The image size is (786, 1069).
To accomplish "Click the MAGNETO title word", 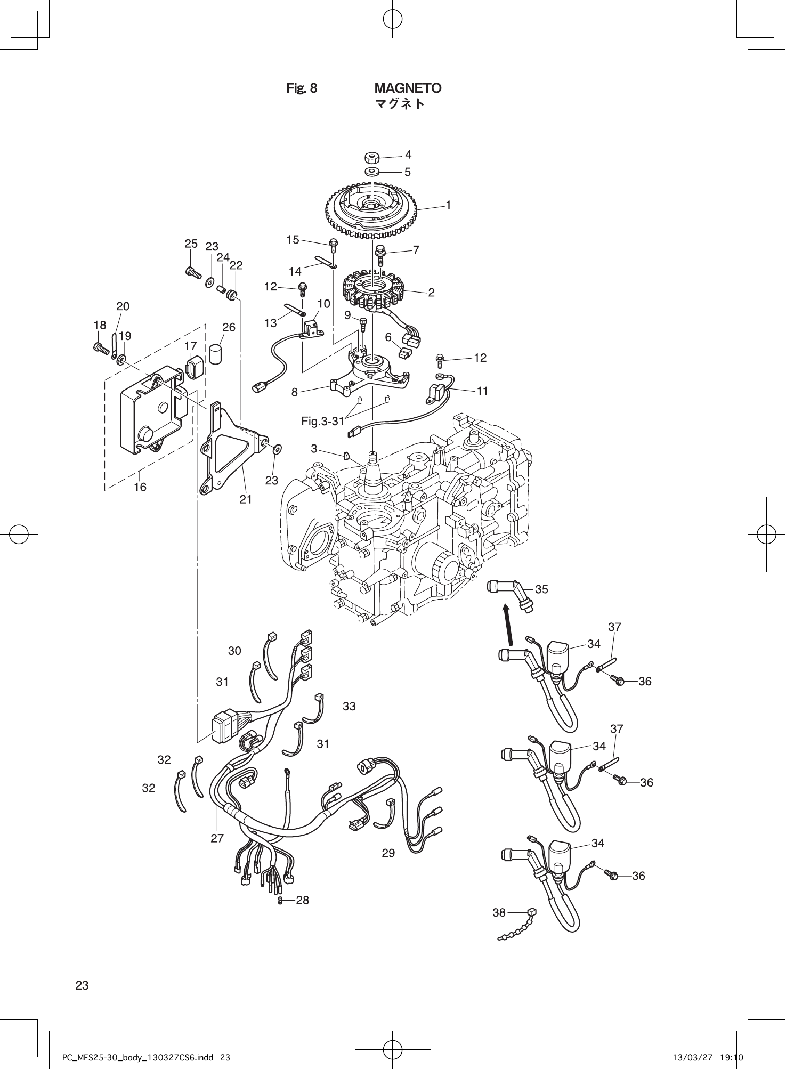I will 408,88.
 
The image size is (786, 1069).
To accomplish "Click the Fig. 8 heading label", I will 302,88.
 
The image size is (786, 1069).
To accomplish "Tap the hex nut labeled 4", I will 371,158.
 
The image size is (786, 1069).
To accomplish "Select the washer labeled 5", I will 372,172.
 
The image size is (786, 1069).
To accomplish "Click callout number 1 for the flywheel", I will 448,205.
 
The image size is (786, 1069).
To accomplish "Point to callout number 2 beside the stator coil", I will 431,292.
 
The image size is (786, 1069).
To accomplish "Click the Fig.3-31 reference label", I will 322,422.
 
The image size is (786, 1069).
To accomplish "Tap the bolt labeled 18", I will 101,348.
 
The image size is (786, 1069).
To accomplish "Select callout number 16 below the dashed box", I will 140,487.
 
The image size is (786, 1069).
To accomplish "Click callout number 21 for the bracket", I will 246,499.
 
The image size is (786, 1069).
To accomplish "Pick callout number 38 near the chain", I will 499,912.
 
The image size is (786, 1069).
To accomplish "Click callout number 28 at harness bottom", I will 302,900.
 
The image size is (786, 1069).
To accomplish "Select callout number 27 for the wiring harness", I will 217,838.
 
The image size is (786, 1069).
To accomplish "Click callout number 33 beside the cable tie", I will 349,706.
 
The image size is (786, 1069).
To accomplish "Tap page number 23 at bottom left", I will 82,985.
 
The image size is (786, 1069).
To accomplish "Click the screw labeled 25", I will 192,272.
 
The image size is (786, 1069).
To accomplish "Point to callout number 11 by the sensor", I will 482,391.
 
